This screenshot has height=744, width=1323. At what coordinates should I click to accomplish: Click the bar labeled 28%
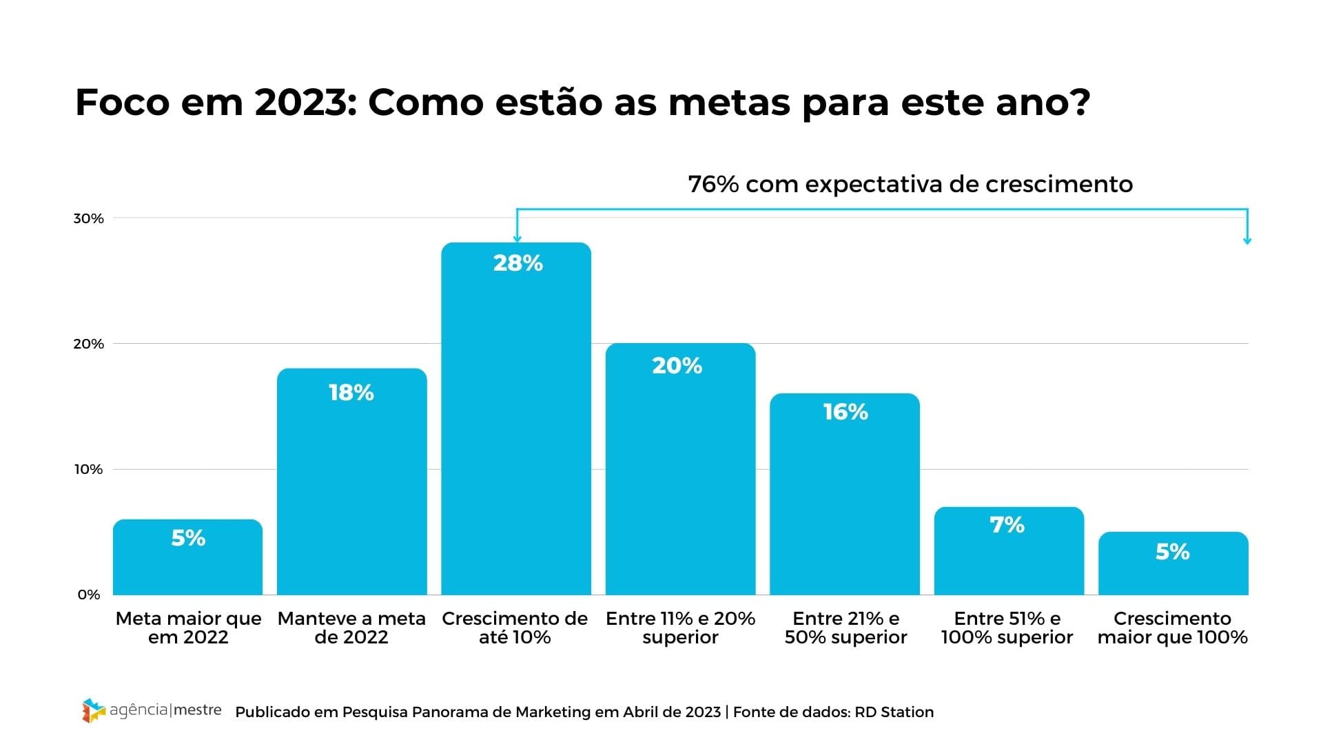516,427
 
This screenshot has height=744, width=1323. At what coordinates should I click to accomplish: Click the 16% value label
845,412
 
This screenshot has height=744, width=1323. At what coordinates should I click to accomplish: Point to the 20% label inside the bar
677,366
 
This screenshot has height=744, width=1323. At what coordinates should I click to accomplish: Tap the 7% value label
1007,525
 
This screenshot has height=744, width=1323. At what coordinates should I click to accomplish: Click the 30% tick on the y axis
88,218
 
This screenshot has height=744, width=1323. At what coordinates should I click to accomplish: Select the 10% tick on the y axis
88,469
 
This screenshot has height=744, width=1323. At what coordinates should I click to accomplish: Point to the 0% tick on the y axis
89,595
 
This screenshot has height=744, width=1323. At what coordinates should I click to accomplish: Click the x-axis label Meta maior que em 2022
188,628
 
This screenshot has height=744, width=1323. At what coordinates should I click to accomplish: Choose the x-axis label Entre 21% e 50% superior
845,628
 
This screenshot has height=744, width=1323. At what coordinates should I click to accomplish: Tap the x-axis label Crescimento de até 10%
515,628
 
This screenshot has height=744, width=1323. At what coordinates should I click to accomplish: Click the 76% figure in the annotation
713,185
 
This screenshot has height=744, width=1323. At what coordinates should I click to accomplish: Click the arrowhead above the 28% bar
517,238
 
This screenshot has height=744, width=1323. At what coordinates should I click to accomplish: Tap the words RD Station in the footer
894,712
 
